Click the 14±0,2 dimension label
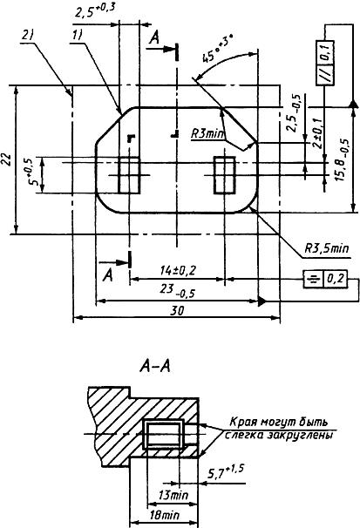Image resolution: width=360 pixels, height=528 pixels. point(178,270)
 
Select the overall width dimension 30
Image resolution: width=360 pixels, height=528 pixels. point(177,311)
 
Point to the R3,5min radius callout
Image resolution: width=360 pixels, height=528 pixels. point(327,249)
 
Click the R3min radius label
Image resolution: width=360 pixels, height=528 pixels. point(207,134)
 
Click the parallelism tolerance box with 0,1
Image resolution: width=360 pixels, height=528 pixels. point(325,63)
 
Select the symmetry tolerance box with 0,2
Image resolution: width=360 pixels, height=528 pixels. point(325,279)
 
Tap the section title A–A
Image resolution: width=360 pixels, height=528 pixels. point(155,367)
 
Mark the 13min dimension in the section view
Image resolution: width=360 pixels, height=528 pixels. point(173,495)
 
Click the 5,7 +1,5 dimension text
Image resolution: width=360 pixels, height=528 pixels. point(225,472)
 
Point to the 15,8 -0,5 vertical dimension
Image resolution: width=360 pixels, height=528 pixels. point(343,159)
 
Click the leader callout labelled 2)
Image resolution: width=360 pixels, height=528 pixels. point(29,35)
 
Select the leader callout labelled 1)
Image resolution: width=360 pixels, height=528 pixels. point(77,36)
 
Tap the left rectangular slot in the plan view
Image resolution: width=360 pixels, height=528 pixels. point(129,175)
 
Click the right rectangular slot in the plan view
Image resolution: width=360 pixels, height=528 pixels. point(225,175)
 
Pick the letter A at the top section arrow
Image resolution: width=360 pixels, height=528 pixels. point(154,37)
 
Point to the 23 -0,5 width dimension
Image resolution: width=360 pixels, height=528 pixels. point(178,291)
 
